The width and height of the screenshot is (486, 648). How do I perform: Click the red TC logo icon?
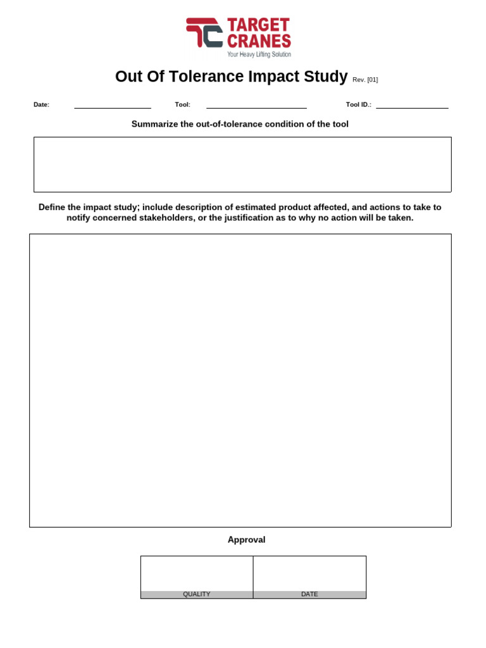coord(204,32)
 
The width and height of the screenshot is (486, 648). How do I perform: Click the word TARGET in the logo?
coord(258,25)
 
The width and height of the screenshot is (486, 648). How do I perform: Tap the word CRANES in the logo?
coord(259,41)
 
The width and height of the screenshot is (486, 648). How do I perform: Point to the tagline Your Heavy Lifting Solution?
coord(259,54)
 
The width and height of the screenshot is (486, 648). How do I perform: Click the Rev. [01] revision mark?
coord(365,80)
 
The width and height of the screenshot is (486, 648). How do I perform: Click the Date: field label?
coord(41,105)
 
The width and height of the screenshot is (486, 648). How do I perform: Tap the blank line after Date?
coord(112,106)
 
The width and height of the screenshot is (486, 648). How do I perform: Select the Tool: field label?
coord(182,105)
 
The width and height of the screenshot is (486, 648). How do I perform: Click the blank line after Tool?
coord(256,106)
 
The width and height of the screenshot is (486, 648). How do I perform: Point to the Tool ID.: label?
coord(358,105)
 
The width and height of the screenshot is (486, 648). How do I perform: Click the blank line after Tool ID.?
coord(412,106)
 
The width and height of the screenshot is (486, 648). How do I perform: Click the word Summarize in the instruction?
coord(153,124)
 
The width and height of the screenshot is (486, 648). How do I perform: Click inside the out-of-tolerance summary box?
coord(242,165)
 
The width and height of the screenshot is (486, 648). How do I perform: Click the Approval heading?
coord(246,540)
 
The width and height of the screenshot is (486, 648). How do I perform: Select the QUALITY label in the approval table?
coord(197,594)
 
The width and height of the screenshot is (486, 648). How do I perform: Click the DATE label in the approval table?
coord(309,594)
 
